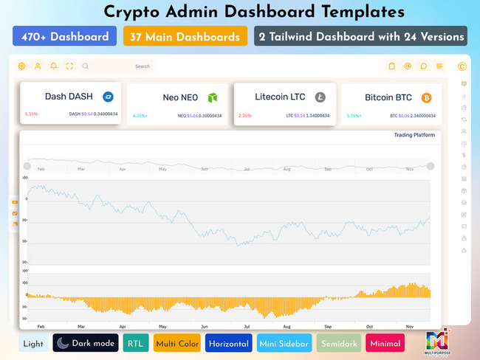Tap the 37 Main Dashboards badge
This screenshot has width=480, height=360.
185,36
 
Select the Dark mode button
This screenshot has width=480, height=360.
85,343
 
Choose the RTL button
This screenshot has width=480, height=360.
135,343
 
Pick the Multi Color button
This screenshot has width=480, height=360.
176,343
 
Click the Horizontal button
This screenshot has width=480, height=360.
228,343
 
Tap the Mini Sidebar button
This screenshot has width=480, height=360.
284,343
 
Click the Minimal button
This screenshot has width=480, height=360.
385,343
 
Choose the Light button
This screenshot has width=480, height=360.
33,343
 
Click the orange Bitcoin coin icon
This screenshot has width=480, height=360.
426,97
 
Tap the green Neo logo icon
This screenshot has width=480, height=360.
213,97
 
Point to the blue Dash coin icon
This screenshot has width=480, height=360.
108,97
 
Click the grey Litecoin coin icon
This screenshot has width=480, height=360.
320,97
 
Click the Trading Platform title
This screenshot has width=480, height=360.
414,135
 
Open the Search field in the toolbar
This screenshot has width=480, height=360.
118,66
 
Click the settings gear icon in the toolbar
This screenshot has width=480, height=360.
21,66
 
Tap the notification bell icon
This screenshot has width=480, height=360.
53,66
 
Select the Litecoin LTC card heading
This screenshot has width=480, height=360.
280,97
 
